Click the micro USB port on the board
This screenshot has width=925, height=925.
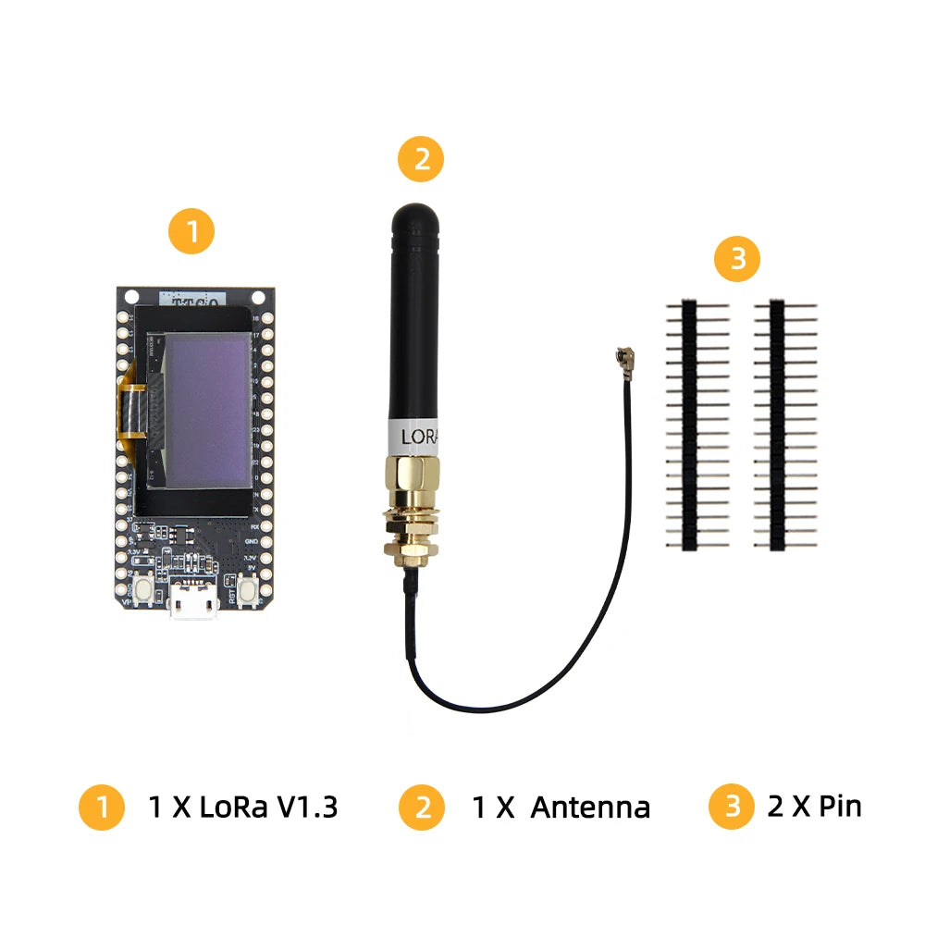point(194,605)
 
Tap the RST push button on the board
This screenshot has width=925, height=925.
point(247,589)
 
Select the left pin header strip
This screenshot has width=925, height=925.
point(689,424)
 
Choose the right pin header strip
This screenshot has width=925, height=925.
point(777,424)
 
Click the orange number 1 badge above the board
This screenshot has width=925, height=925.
point(191,232)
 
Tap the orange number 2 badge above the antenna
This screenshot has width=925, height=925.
point(421,159)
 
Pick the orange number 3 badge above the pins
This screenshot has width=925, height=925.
point(737,260)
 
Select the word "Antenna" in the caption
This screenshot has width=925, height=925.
point(590,808)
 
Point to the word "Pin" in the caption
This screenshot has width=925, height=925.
point(840,806)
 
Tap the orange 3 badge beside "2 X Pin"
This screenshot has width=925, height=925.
point(732,807)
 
